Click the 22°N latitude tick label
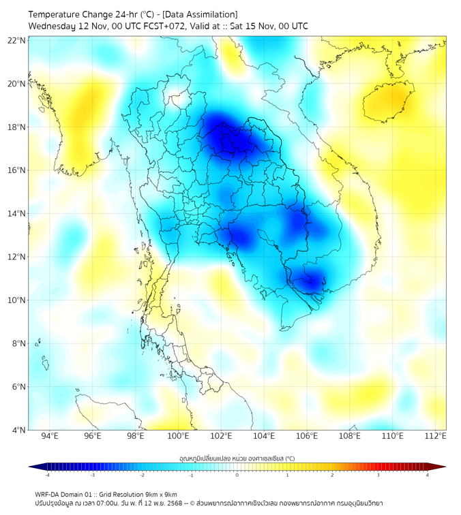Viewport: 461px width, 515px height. tap(17, 40)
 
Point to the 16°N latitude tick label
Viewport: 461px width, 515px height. tap(17, 170)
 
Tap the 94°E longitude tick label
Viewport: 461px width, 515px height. tap(50, 437)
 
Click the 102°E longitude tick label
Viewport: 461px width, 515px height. tap(221, 437)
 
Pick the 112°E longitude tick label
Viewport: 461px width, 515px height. tap(435, 437)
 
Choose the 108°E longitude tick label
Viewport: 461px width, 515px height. tap(350, 437)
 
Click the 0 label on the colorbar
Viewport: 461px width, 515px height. tap(237, 475)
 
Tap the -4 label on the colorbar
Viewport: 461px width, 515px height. tap(47, 475)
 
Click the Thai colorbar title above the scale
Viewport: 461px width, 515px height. tap(237, 458)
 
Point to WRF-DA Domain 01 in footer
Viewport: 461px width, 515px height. tap(65, 494)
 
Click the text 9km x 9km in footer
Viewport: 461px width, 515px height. tap(160, 494)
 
